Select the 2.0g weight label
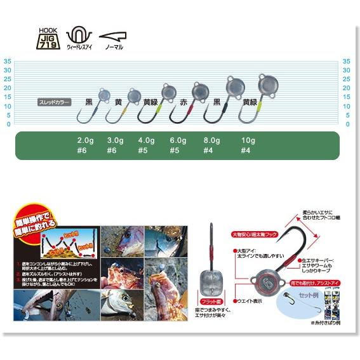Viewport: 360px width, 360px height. click(86, 140)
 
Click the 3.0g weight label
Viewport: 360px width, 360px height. click(115, 140)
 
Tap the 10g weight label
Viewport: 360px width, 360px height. click(248, 140)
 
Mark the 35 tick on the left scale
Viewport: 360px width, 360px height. click(8, 62)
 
